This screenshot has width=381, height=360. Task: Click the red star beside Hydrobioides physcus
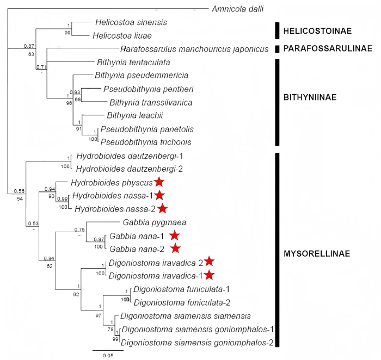(x=158, y=182)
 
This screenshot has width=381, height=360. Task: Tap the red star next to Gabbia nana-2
(x=175, y=249)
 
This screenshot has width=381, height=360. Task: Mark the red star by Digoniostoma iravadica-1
(x=209, y=275)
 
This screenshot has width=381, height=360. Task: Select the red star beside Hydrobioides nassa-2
(x=163, y=208)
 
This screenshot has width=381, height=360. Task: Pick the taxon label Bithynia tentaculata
(x=133, y=62)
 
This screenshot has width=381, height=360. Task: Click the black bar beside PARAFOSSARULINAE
(x=278, y=49)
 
